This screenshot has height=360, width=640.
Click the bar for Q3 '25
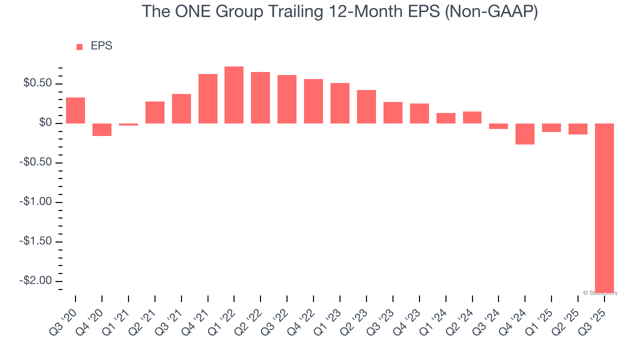click(604, 207)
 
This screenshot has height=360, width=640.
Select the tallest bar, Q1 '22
click(234, 95)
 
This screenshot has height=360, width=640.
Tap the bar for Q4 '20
click(102, 129)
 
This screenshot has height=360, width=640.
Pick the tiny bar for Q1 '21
click(128, 124)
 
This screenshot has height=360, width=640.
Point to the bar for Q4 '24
click(525, 134)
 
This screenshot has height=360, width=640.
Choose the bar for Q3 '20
click(75, 110)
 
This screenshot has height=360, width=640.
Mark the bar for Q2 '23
click(366, 106)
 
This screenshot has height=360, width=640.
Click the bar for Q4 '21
click(208, 98)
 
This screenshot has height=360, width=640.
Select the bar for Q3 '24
click(498, 126)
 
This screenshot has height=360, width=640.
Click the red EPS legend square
click(79, 47)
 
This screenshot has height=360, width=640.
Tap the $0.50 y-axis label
click(37, 83)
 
